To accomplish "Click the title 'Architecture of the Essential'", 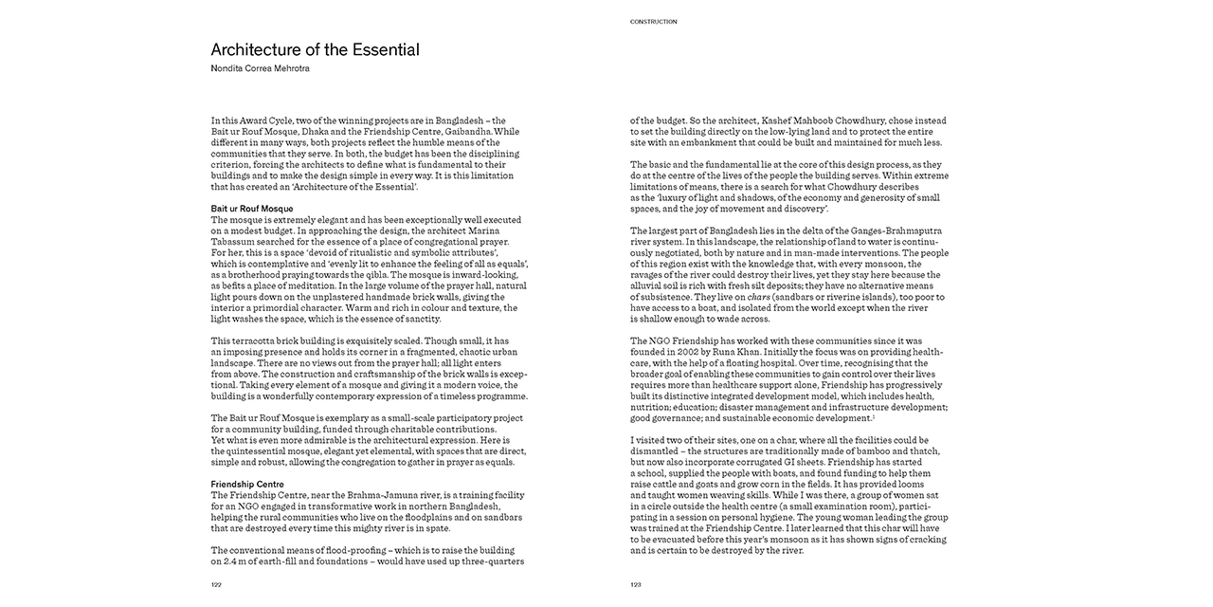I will (315, 49).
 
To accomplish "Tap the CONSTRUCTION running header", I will (654, 21).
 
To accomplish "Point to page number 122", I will (217, 584).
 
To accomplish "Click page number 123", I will (637, 584).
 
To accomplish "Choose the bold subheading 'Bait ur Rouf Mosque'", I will (252, 209).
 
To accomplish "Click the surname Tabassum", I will (233, 241).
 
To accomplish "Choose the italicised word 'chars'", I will (759, 297).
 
